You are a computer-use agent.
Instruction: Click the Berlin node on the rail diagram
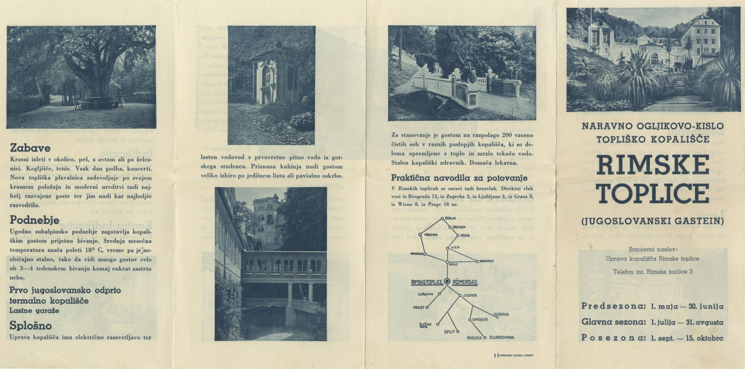point(443,219)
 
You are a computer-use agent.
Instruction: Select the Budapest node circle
point(477,261)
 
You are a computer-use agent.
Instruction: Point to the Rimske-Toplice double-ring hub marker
point(447,281)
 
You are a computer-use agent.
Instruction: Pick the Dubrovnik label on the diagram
point(501,338)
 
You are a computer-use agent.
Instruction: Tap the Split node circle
point(457,331)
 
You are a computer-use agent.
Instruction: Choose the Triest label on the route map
point(419,307)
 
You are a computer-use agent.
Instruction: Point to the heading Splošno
point(31,326)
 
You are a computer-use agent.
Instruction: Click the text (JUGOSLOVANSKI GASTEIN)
point(652,221)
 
